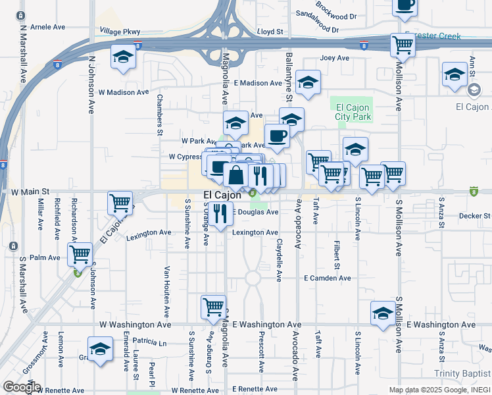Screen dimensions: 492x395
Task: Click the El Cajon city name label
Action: click(x=222, y=195)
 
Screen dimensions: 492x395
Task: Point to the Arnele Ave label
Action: click(x=48, y=27)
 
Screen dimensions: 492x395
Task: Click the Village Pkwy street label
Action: click(x=120, y=31)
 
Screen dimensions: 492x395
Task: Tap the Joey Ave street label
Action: click(x=334, y=58)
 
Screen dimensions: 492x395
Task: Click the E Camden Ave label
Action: click(x=327, y=278)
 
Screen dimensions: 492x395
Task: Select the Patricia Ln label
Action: click(x=150, y=342)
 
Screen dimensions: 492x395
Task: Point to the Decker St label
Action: click(x=475, y=215)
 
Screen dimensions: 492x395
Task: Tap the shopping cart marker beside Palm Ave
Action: click(x=80, y=253)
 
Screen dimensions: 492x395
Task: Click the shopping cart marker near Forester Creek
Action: click(x=403, y=45)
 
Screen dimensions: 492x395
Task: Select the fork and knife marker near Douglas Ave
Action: click(x=220, y=213)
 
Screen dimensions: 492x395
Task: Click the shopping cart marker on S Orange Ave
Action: click(x=213, y=306)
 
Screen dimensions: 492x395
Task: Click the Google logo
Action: click(x=22, y=387)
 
